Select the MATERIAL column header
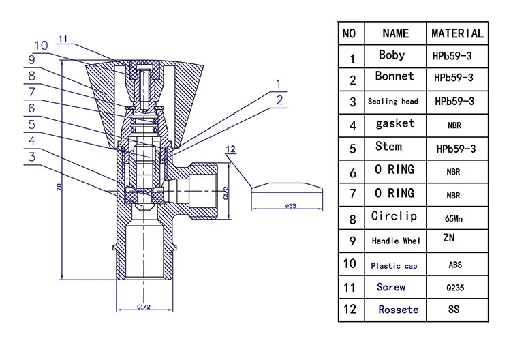457,33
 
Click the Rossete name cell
399,310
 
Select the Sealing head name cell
392,101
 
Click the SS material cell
453,310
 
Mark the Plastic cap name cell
394,265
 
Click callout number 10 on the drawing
41,45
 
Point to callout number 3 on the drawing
31,157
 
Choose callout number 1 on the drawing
277,85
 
